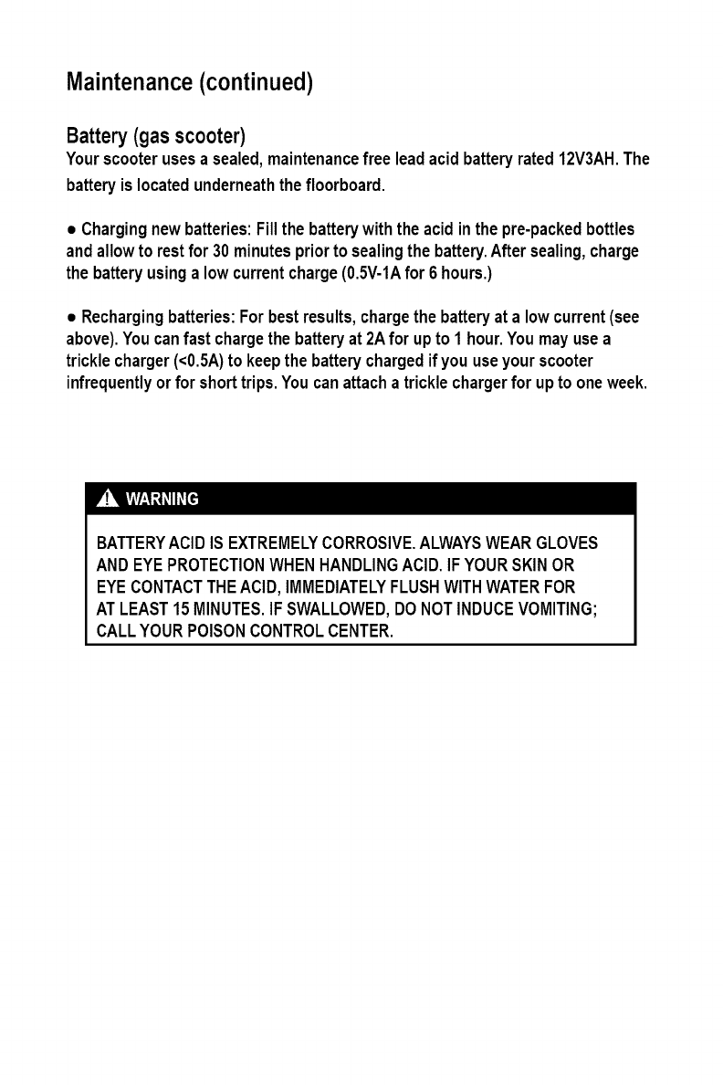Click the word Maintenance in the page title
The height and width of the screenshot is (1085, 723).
tap(129, 83)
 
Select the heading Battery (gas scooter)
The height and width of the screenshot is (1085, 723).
tap(156, 138)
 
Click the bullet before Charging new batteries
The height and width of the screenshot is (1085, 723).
tap(72, 226)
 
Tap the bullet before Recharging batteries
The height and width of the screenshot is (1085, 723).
tap(72, 319)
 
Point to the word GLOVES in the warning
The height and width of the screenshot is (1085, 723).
tap(565, 543)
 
